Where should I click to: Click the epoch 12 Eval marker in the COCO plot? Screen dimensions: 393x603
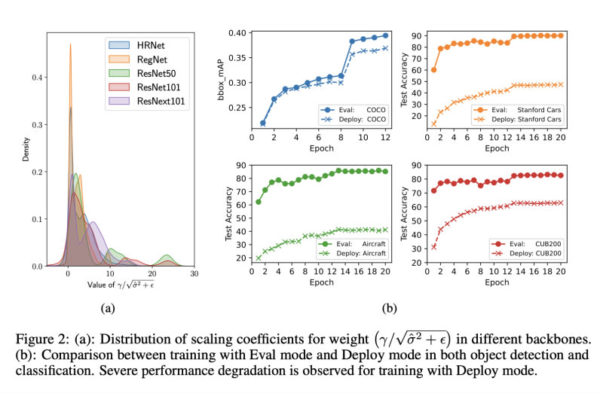pos(385,35)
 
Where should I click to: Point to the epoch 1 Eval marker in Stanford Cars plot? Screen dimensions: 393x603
pos(433,69)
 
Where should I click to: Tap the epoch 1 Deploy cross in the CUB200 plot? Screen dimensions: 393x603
pos(433,246)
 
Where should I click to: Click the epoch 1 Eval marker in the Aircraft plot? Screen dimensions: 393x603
pos(259,201)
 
